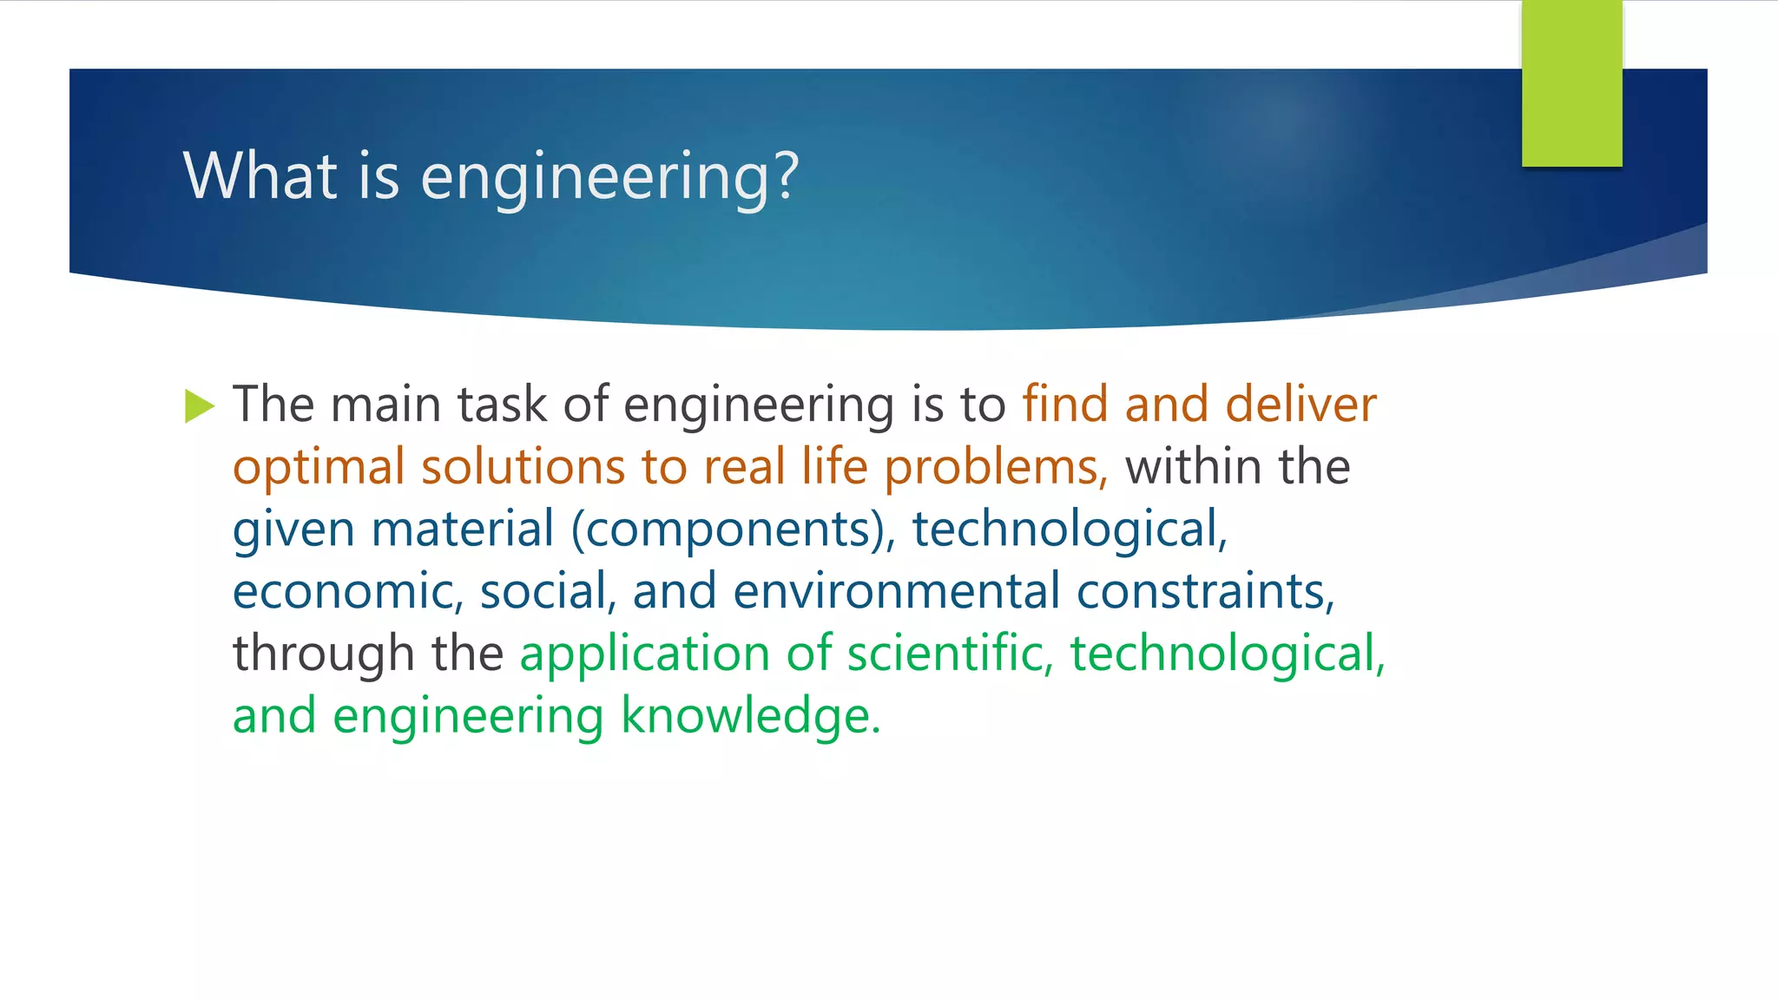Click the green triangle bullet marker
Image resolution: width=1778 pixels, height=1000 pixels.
click(199, 406)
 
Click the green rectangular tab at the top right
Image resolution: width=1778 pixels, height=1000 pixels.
click(1571, 83)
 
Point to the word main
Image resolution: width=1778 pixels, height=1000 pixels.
click(385, 405)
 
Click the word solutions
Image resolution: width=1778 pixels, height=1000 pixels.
click(523, 467)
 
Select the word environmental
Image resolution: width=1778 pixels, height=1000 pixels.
click(896, 592)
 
